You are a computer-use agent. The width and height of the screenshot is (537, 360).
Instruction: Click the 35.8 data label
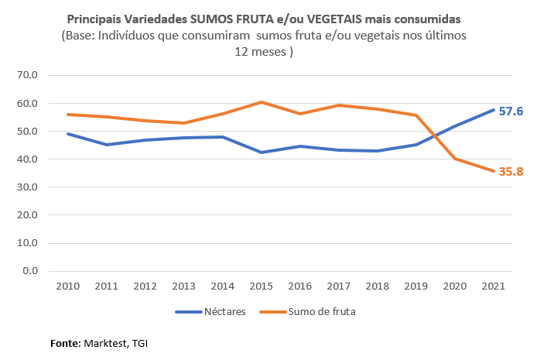pyautogui.click(x=510, y=171)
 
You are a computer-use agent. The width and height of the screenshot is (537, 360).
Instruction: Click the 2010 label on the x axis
pyautogui.click(x=68, y=286)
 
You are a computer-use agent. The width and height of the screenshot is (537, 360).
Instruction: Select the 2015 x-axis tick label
pyautogui.click(x=262, y=286)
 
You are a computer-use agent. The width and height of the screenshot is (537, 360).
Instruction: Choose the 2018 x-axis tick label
pyautogui.click(x=377, y=286)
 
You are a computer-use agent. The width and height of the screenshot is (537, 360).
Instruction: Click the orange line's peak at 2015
pyautogui.click(x=262, y=102)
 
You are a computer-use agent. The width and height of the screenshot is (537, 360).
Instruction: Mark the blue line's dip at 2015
pyautogui.click(x=262, y=153)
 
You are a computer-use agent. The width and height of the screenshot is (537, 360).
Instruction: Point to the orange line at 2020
pyautogui.click(x=454, y=159)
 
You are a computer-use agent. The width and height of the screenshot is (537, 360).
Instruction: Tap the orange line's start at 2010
pyautogui.click(x=68, y=115)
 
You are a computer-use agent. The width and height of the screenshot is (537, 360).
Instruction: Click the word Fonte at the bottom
pyautogui.click(x=64, y=342)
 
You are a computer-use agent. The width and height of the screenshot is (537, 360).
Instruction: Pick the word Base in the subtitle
pyautogui.click(x=82, y=36)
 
